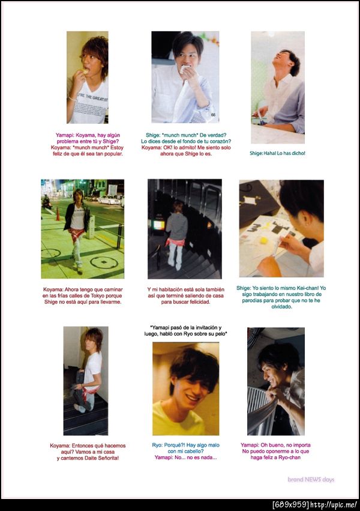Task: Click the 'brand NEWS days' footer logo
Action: [311, 479]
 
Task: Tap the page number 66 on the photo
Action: [213, 115]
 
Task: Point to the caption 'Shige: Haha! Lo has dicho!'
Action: [277, 153]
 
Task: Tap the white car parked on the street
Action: [109, 200]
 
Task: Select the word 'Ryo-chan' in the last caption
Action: [290, 457]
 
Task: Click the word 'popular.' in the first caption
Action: [113, 154]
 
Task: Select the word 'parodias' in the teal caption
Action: [252, 300]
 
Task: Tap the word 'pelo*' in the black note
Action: [220, 334]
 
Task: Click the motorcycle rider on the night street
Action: [46, 202]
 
